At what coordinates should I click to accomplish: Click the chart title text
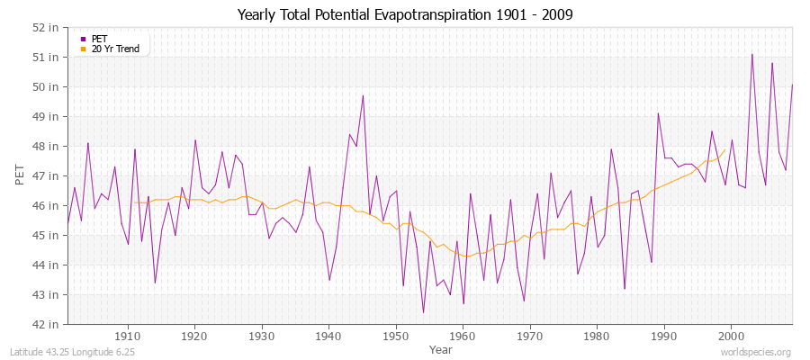click(x=404, y=14)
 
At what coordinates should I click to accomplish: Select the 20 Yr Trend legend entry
click(x=109, y=49)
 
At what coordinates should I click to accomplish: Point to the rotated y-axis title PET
click(x=21, y=175)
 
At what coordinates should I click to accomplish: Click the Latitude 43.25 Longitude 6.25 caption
click(x=73, y=352)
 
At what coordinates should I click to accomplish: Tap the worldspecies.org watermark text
click(x=757, y=352)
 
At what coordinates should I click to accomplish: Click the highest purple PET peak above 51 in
click(x=752, y=54)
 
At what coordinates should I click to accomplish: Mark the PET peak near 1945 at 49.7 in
click(x=363, y=95)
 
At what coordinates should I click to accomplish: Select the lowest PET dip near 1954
click(x=423, y=312)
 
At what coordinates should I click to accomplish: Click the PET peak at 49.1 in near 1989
click(x=658, y=113)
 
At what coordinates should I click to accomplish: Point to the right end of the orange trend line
click(x=725, y=149)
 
